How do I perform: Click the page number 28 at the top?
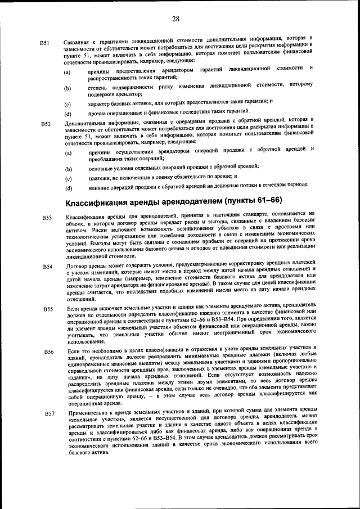tap(175, 19)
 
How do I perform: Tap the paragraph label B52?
tap(46, 124)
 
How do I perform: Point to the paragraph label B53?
tap(47, 218)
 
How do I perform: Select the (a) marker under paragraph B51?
tap(67, 73)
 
